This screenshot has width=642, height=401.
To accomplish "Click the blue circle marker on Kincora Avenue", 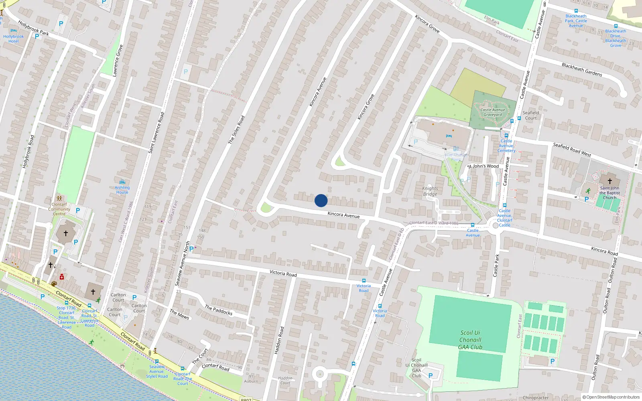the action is click(321, 200).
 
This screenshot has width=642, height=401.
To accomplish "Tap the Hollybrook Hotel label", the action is click(13, 39).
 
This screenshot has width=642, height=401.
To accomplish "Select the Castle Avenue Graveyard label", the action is click(493, 112).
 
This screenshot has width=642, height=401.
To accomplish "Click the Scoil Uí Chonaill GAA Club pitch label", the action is click(470, 340).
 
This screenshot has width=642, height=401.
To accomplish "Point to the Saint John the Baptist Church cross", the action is click(610, 181).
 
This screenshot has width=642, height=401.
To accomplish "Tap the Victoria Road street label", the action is click(283, 273).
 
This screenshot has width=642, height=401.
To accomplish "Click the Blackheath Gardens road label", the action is click(582, 69).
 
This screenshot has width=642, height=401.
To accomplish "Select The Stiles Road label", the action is click(236, 130).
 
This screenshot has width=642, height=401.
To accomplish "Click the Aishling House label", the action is click(122, 190).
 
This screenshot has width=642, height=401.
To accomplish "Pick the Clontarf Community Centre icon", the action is click(59, 198).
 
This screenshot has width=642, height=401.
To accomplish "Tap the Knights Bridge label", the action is click(430, 191).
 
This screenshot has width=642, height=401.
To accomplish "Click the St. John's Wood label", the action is click(483, 166).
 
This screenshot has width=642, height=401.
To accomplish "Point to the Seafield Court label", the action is click(530, 115).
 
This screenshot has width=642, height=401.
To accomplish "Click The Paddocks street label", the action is click(219, 310).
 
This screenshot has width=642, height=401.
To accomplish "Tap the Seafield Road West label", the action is click(572, 150).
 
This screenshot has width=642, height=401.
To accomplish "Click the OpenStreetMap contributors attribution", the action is click(611, 397).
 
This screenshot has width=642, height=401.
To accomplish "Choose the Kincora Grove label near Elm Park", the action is click(427, 24).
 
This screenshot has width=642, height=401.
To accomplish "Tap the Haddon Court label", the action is click(285, 380).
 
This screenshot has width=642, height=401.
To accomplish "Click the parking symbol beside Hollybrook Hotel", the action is click(37, 36).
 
